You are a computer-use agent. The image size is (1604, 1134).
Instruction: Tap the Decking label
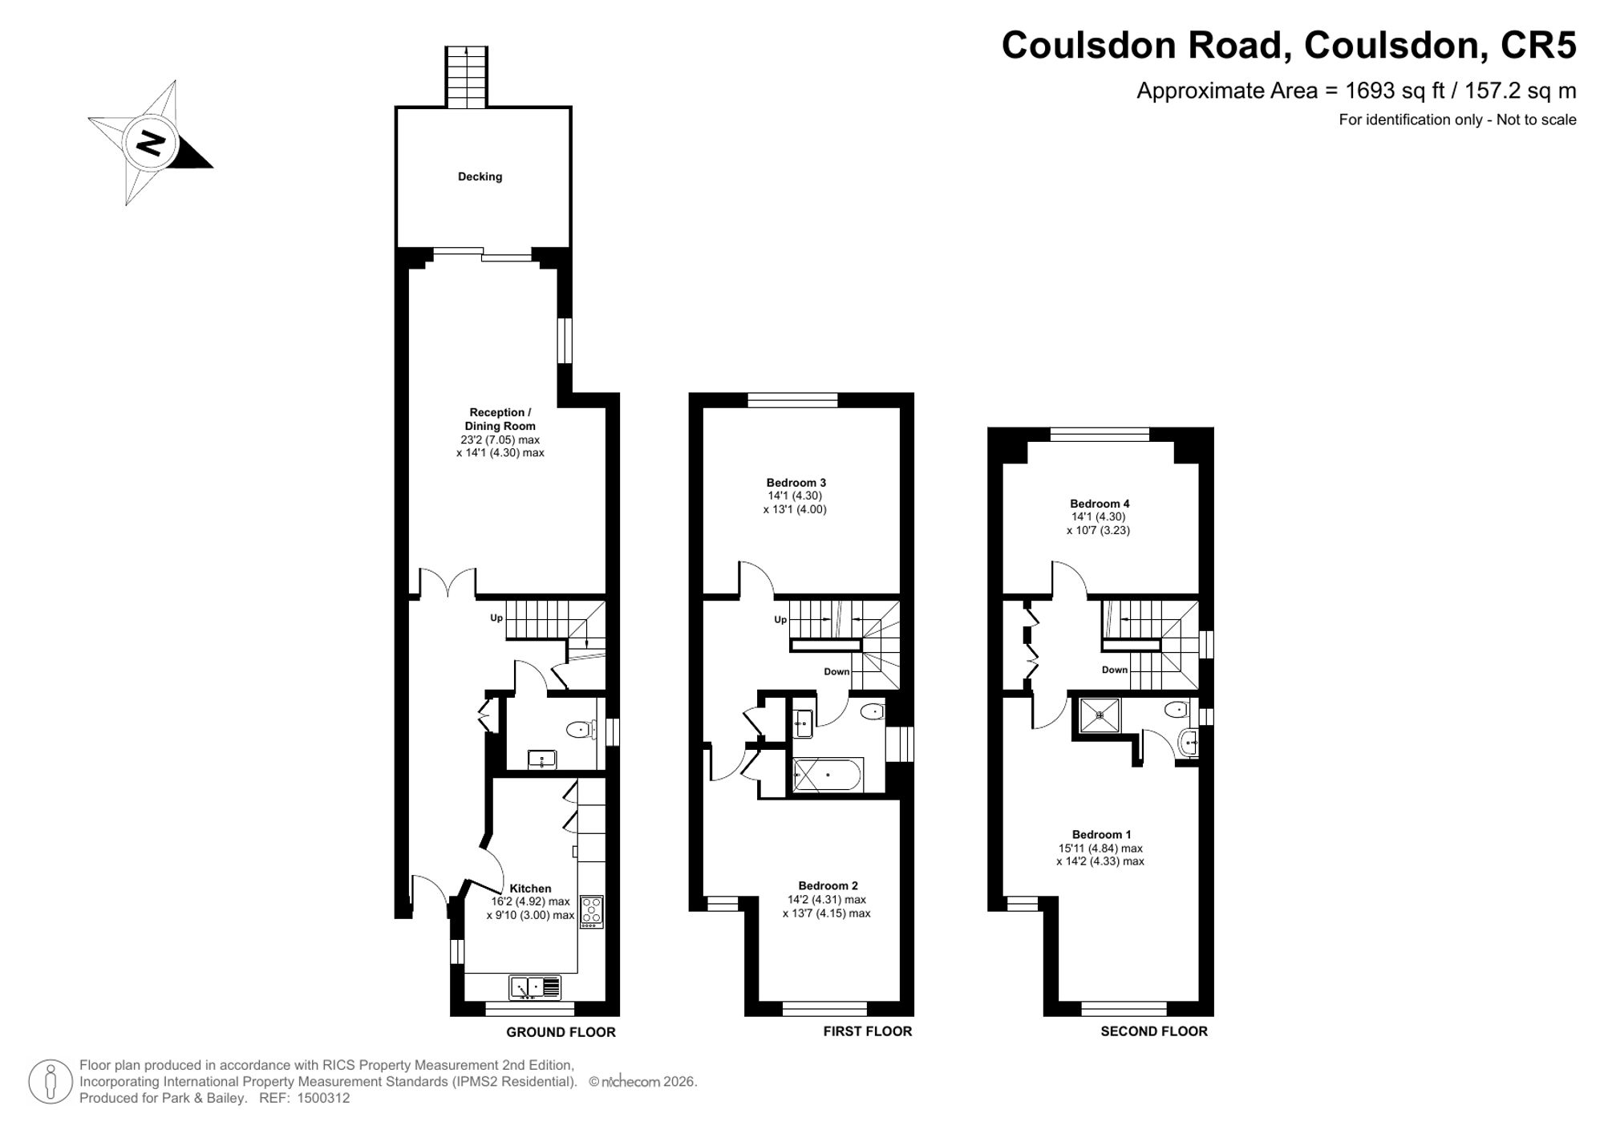(480, 176)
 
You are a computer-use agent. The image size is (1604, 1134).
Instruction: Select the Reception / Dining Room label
(500, 419)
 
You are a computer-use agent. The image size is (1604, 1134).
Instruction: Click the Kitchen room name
(530, 889)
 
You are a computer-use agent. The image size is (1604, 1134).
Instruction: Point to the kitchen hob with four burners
(591, 912)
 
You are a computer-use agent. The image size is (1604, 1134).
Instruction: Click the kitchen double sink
(535, 987)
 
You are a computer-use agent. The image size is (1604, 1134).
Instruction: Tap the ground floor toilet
(581, 730)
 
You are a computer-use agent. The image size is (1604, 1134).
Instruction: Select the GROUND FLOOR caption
(561, 1032)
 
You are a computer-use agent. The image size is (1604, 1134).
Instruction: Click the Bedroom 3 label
(796, 483)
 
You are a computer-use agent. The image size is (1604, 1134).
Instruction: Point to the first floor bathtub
(828, 776)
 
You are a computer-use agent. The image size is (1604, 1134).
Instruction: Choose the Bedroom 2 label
(828, 886)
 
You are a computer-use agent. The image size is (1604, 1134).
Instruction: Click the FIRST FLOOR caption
(868, 1031)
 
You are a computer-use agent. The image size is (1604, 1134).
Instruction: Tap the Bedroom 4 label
(1100, 504)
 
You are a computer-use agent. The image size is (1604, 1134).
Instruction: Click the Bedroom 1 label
(1102, 835)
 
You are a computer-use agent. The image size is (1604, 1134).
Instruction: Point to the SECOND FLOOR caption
(1154, 1031)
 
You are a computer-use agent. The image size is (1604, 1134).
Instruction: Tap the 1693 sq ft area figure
(1395, 91)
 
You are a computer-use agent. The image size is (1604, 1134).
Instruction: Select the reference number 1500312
(323, 1099)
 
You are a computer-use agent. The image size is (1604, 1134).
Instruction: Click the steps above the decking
(467, 77)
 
